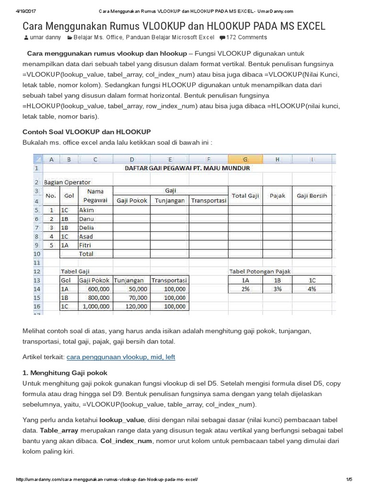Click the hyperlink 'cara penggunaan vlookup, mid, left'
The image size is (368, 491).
tap(121, 357)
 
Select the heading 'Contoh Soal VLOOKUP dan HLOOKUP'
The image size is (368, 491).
tap(87, 131)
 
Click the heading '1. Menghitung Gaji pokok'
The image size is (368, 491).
tap(65, 373)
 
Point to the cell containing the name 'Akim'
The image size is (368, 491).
tap(86, 210)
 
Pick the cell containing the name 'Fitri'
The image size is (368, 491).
tap(86, 245)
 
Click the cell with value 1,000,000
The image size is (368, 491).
tap(96, 306)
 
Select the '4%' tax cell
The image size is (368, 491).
tap(312, 289)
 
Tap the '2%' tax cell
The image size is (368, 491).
tap(245, 289)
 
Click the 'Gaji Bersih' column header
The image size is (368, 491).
tap(312, 196)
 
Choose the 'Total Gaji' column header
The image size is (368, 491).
tap(245, 196)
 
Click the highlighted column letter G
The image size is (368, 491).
tap(245, 160)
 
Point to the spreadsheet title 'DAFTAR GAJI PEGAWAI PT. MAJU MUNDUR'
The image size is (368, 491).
tap(187, 168)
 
